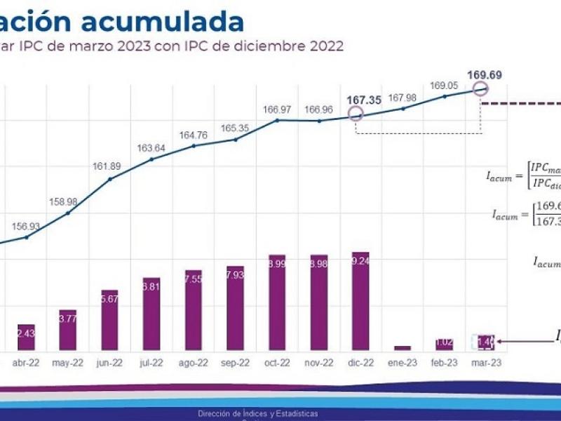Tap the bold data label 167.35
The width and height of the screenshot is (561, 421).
coord(364,100)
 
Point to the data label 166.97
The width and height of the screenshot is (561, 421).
coord(277,109)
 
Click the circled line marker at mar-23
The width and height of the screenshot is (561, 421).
coord(480,88)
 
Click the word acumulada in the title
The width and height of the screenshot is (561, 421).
coord(163,22)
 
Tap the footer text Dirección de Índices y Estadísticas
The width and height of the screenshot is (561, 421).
coord(258,413)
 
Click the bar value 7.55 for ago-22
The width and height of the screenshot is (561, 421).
coord(193,279)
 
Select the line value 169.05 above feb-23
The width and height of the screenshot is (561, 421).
coord(443,86)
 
